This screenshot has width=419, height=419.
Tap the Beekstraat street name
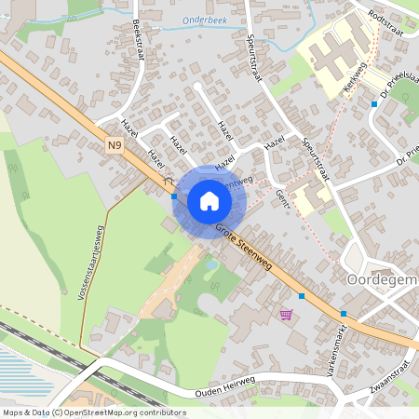coord(139,38)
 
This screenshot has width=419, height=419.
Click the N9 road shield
coord(114,145)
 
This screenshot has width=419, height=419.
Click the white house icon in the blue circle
coord(209,201)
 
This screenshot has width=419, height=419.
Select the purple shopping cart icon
coord(285,314)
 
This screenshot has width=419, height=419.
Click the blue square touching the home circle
coord(174,196)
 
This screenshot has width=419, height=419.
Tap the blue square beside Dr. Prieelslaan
coord(374,104)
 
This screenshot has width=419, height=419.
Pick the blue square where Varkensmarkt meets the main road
coord(344,313)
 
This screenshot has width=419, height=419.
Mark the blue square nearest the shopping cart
coord(302,295)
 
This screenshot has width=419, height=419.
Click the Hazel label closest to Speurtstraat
coord(274,142)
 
